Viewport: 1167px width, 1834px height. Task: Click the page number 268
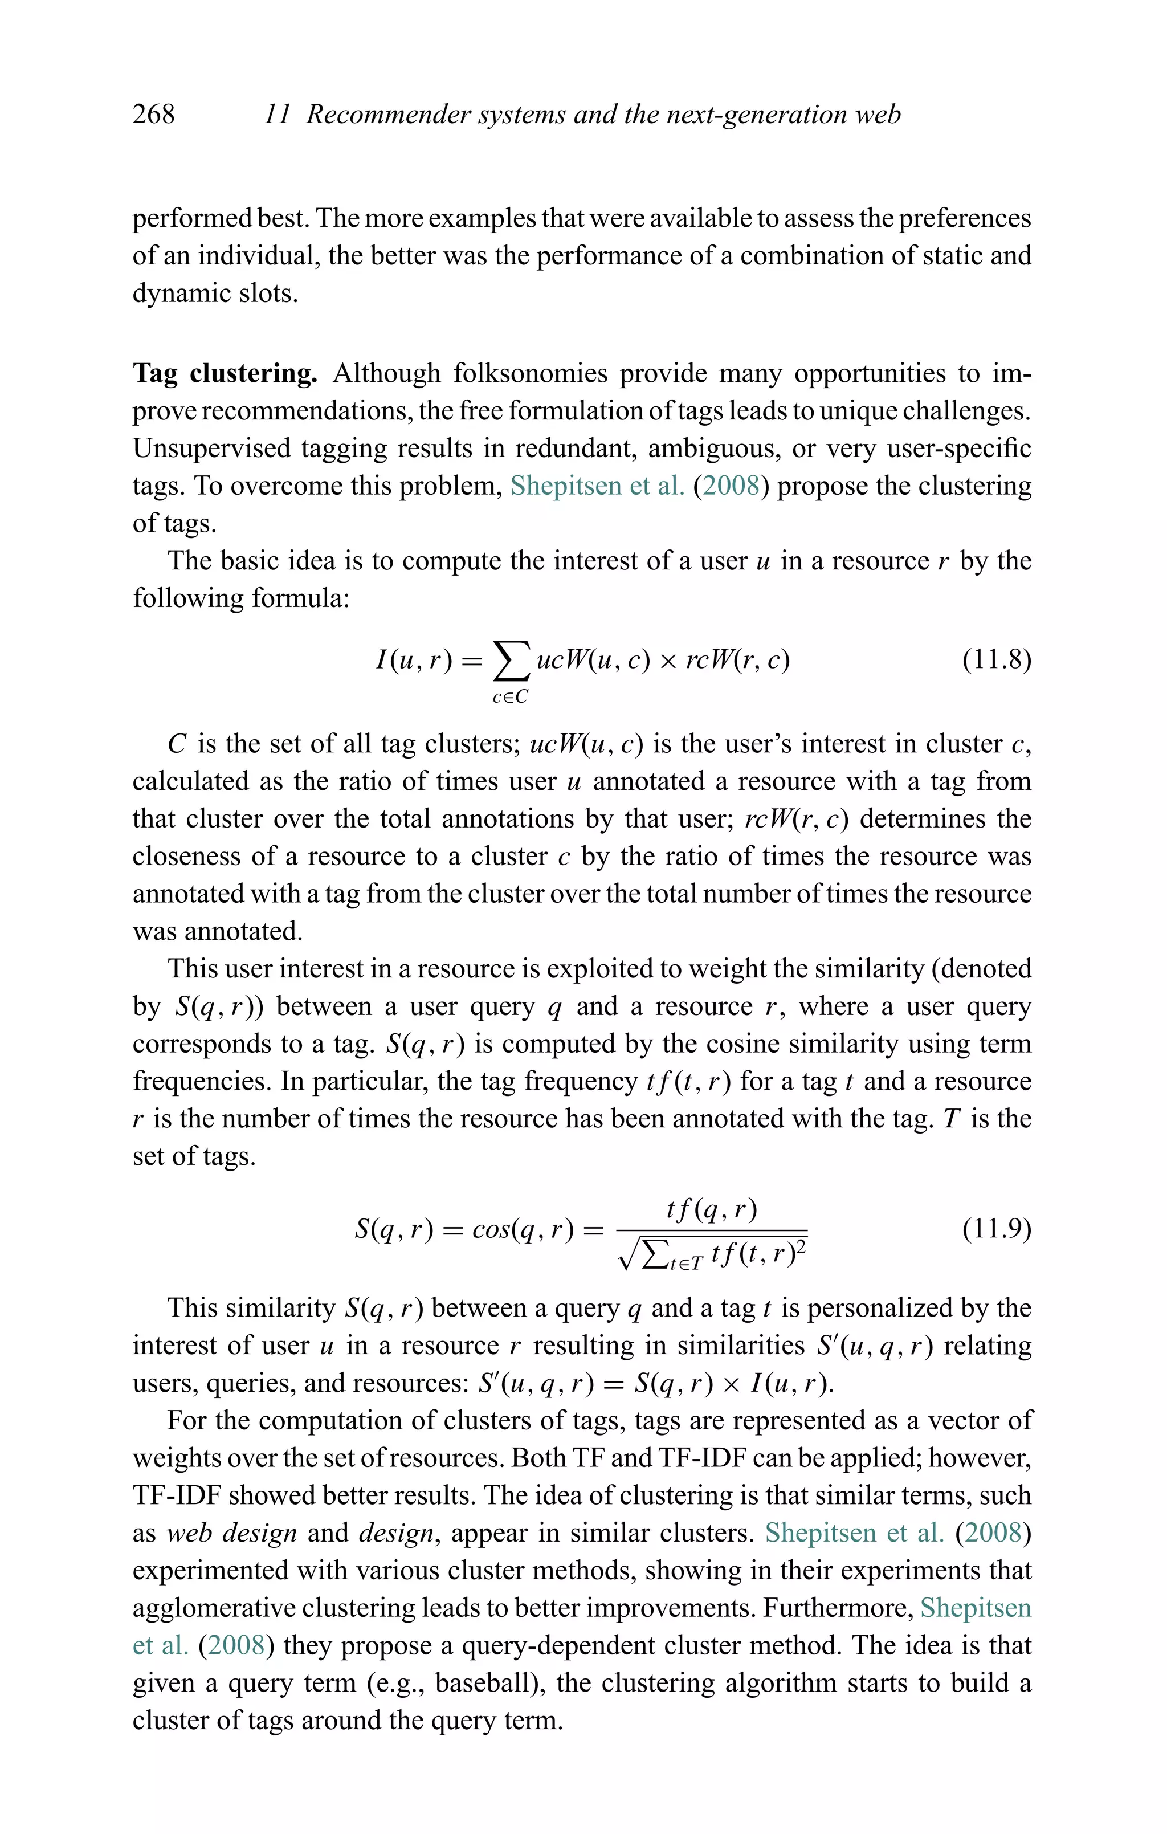[x=153, y=114]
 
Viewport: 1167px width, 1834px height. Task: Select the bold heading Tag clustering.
[x=225, y=373]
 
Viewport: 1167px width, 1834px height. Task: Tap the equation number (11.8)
[x=997, y=659]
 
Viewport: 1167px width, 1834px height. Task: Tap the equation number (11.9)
[x=997, y=1229]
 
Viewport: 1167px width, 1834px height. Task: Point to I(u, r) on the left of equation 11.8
[x=414, y=659]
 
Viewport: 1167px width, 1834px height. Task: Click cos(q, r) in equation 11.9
[x=523, y=1229]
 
